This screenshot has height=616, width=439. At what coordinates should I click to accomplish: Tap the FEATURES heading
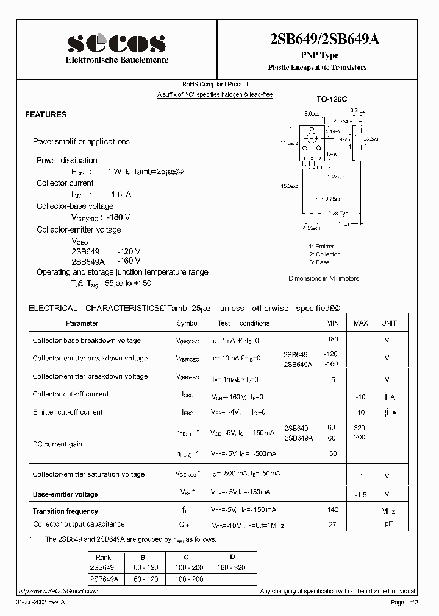coord(46,114)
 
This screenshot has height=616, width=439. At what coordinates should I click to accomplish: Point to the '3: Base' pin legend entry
coord(319,262)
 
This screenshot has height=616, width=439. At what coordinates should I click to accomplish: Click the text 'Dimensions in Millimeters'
coord(323,278)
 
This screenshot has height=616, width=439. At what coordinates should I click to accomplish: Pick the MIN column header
coord(332,323)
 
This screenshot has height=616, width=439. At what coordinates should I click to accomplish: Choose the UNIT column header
coord(388,323)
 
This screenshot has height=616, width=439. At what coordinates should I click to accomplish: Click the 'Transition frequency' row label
coord(65,511)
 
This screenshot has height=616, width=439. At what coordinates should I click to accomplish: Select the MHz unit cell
coord(388,511)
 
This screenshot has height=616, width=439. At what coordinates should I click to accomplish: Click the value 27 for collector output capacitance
coord(332,523)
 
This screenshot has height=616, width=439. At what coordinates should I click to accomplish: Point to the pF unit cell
coord(388,523)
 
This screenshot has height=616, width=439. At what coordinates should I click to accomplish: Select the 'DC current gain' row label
coord(57,444)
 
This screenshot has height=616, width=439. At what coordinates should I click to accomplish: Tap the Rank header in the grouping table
coord(103,556)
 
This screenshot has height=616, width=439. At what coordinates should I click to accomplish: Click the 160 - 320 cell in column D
coord(232,567)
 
